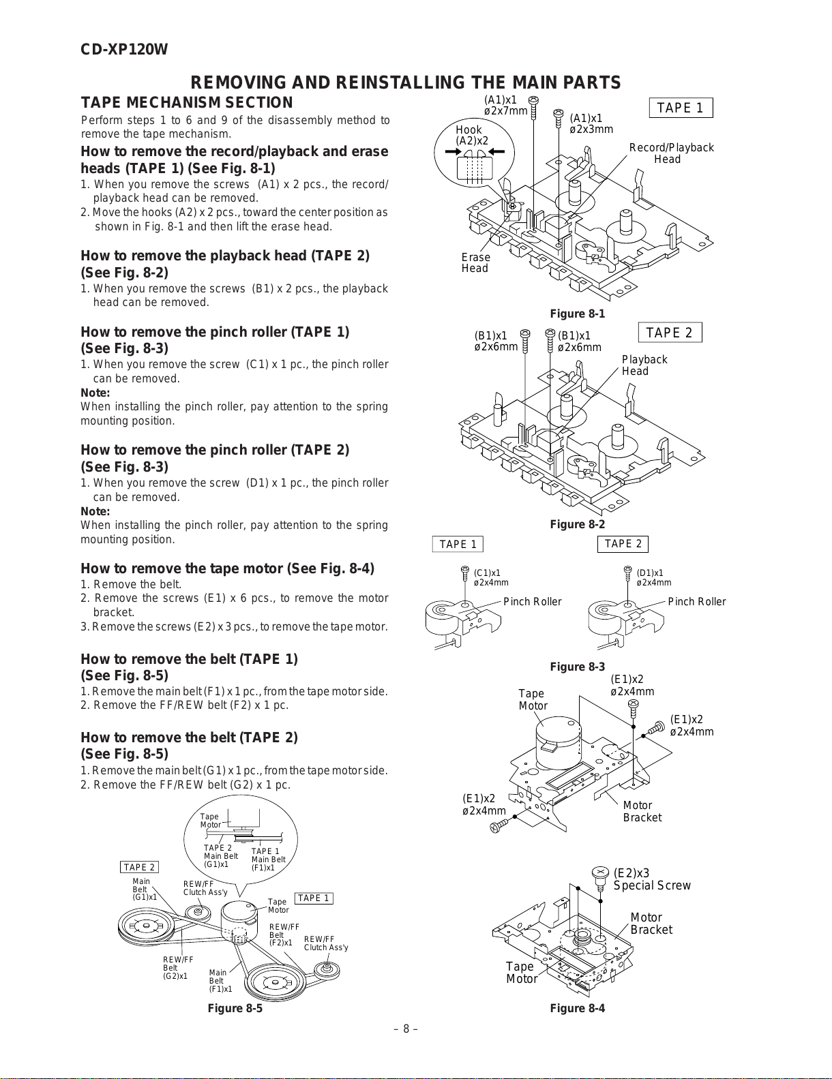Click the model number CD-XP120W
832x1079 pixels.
click(x=124, y=50)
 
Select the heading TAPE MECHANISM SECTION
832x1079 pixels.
click(x=187, y=103)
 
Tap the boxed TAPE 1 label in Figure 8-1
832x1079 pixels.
click(x=680, y=108)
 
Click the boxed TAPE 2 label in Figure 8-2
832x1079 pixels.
click(x=669, y=333)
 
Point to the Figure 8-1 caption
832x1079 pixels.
click(x=577, y=314)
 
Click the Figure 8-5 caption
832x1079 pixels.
click(x=235, y=1009)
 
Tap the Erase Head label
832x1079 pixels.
click(x=475, y=262)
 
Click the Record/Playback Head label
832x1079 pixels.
click(x=671, y=153)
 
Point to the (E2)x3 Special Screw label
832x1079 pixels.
click(x=651, y=879)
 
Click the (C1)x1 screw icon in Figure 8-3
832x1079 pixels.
click(x=465, y=574)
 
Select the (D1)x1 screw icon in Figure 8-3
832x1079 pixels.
click(x=628, y=574)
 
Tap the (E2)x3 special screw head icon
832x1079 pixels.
click(x=601, y=873)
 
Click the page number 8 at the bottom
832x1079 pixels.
click(x=406, y=1029)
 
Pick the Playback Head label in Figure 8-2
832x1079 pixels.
click(x=644, y=365)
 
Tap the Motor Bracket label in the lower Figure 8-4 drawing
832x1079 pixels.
click(x=651, y=924)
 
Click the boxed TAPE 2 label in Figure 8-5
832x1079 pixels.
click(x=139, y=867)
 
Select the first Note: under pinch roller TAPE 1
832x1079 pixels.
click(x=95, y=393)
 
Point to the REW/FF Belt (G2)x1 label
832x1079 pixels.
click(x=176, y=968)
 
